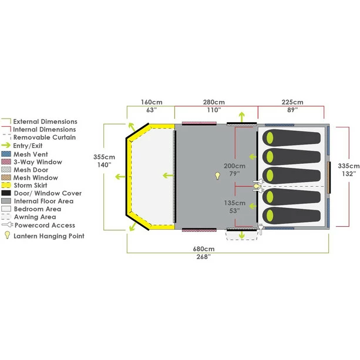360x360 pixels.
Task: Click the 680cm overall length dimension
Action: tap(204, 253)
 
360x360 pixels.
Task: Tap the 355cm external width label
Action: tap(104, 161)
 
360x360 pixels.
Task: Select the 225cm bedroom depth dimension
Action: tap(292, 106)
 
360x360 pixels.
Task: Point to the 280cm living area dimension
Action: tap(214, 106)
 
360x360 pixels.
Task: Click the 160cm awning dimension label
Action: tap(152, 106)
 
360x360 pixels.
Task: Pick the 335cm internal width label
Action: tap(348, 170)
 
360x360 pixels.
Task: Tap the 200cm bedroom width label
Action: tap(234, 170)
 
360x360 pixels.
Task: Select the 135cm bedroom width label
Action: tap(235, 207)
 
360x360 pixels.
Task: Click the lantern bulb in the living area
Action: tap(217, 176)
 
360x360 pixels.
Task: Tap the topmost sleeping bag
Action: tap(291, 138)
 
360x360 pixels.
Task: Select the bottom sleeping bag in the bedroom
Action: tap(291, 216)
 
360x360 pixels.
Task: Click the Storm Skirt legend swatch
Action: tap(6, 185)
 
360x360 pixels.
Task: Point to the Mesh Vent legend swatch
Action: tap(6, 154)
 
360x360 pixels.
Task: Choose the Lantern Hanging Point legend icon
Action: tap(8, 235)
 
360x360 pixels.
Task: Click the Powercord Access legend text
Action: tap(45, 226)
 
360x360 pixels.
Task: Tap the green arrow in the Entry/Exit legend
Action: tap(6, 145)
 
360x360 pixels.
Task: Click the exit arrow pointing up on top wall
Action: tap(241, 117)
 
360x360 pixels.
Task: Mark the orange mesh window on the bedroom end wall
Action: tap(329, 177)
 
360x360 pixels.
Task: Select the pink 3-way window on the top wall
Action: tap(199, 123)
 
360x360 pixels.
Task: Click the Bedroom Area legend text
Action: tap(38, 209)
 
